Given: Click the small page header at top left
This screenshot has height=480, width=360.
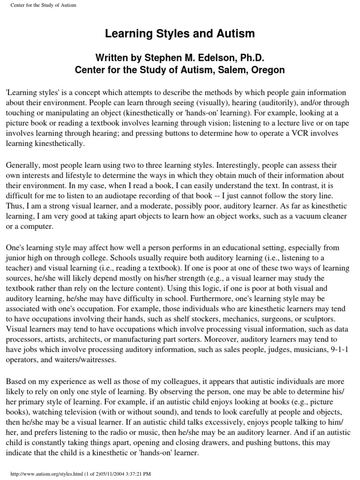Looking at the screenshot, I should point(40,5).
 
